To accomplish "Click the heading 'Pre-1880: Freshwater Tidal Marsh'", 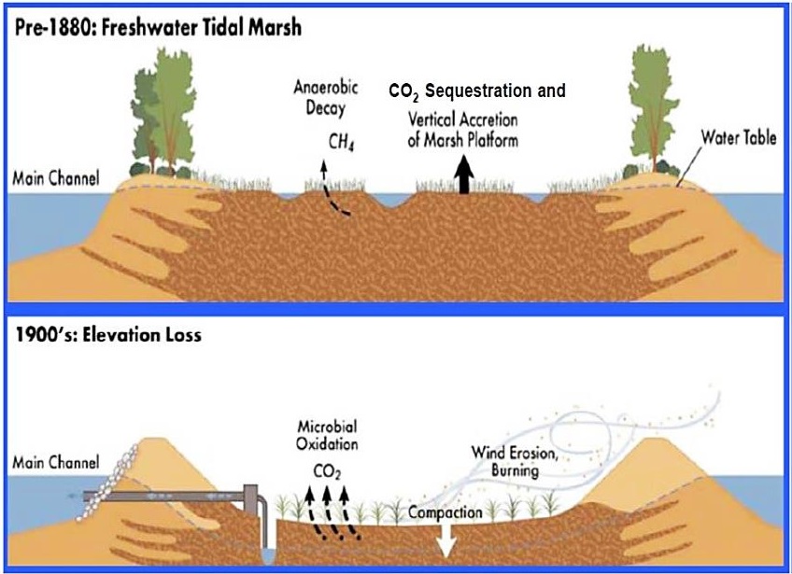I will [156, 28].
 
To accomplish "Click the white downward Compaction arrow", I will [443, 539].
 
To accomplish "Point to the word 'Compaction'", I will [445, 512].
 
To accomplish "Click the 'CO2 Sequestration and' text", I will [477, 91].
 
